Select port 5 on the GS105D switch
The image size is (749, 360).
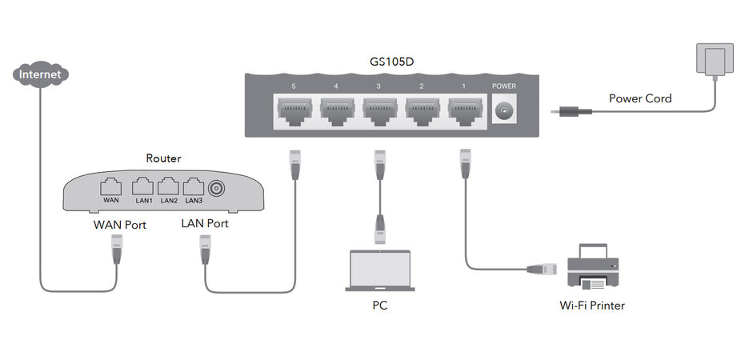click(294, 110)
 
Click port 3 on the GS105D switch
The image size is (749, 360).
click(381, 110)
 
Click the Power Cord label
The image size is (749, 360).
click(640, 98)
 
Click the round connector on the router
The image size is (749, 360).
click(216, 189)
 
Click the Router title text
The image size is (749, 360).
click(163, 159)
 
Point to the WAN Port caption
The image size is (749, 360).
click(120, 225)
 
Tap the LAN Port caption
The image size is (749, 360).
click(205, 223)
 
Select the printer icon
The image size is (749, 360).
click(593, 267)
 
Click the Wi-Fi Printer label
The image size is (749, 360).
click(593, 305)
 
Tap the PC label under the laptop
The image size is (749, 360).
click(381, 305)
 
